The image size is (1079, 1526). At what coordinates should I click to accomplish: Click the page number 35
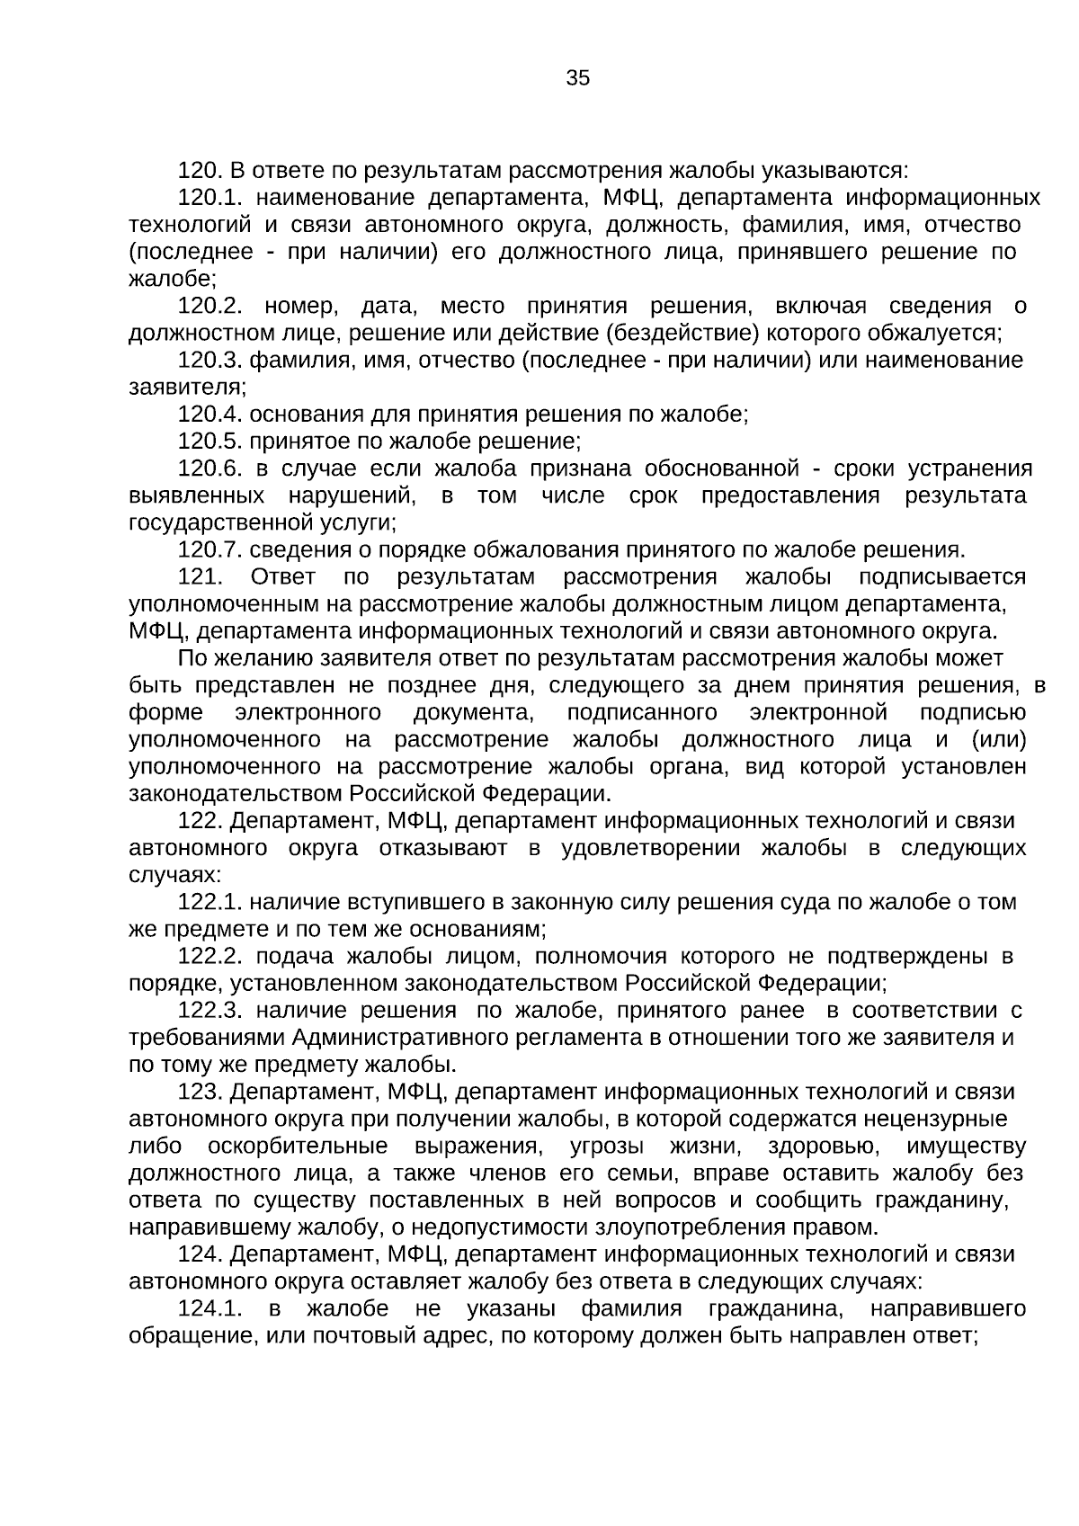coord(578,78)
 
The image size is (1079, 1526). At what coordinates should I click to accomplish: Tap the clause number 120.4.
coord(210,415)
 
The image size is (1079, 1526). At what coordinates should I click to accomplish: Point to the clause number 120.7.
coord(210,550)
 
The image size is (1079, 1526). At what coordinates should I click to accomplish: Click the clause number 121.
coord(200,577)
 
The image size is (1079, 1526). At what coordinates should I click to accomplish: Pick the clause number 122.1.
coord(210,902)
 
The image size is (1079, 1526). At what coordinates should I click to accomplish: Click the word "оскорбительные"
coord(298,1147)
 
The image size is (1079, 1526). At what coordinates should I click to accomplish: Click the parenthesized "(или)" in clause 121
coord(999,740)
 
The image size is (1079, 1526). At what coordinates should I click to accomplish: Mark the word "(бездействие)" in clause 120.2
coord(683,334)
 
